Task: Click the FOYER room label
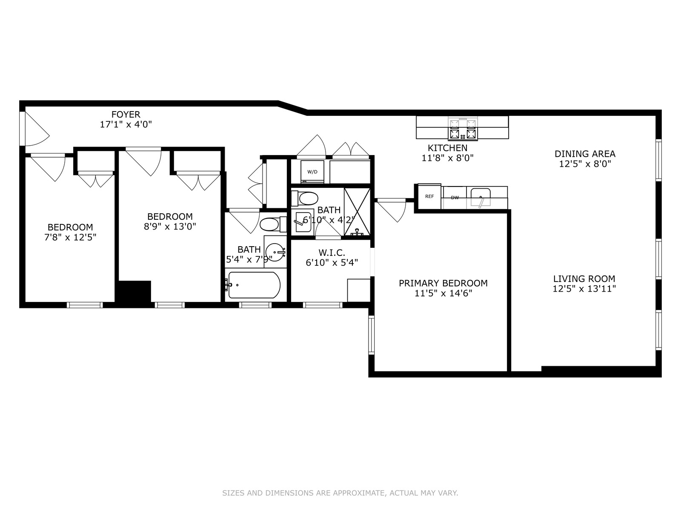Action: click(126, 115)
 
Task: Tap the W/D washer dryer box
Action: click(312, 172)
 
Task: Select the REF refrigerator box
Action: click(429, 197)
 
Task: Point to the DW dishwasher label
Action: click(455, 198)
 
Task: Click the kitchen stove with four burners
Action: click(463, 129)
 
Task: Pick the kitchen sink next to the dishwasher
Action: click(481, 197)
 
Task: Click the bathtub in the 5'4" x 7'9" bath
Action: click(254, 285)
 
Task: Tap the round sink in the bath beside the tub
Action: click(275, 252)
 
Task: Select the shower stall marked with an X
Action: click(357, 212)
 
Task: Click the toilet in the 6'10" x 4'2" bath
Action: click(305, 198)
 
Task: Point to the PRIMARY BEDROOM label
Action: click(443, 283)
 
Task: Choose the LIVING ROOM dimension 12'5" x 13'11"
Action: click(584, 289)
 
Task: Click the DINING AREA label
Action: click(585, 154)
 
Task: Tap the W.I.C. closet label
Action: click(332, 253)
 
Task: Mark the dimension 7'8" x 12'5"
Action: click(70, 237)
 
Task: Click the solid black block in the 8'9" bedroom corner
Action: click(134, 291)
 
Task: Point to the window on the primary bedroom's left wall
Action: click(372, 335)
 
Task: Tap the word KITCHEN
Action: click(447, 148)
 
